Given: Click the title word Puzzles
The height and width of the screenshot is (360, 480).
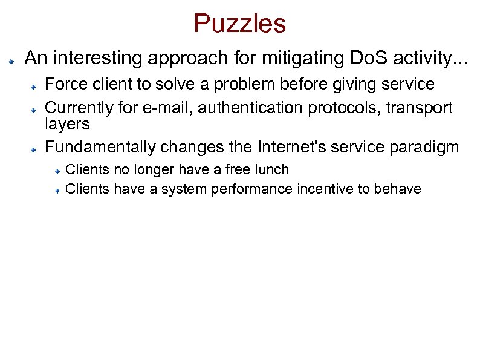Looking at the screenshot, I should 239,24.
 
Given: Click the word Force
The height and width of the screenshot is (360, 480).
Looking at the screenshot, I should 65,83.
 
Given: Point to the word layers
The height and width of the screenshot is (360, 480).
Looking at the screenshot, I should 67,124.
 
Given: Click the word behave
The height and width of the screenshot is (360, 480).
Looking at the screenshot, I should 397,189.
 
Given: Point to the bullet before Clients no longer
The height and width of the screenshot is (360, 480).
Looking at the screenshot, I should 56,172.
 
